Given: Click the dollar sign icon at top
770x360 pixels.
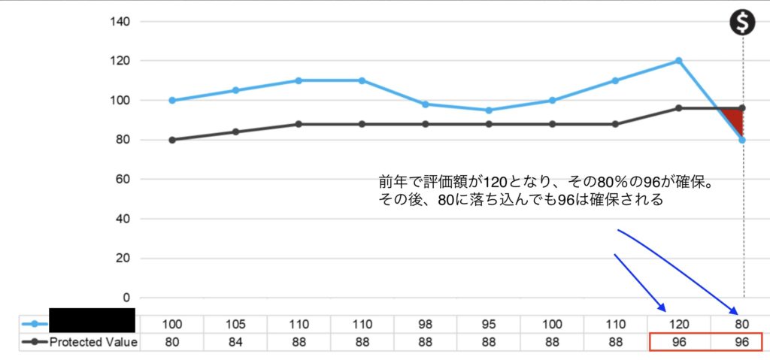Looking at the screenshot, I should (743, 23).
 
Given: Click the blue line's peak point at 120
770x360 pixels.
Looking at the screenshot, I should (678, 60).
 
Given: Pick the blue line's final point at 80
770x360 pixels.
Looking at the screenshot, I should (742, 140).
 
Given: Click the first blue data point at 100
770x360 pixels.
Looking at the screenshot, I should (172, 100).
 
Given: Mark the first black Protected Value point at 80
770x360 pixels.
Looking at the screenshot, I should (172, 140).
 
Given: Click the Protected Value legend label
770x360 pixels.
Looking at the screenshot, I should (93, 343).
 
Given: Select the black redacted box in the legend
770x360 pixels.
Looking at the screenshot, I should (92, 320).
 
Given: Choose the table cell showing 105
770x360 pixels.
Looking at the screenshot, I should (235, 324).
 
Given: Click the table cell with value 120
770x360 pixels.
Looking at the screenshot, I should (678, 324).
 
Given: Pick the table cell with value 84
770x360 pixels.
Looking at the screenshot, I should (235, 343).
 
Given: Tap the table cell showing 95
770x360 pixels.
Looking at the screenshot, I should (489, 324).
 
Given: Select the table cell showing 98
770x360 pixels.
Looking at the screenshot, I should (426, 324).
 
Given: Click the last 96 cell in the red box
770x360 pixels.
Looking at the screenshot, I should (741, 343).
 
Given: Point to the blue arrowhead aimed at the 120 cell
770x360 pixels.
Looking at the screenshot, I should (662, 308).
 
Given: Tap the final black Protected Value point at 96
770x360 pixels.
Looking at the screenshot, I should (742, 108).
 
